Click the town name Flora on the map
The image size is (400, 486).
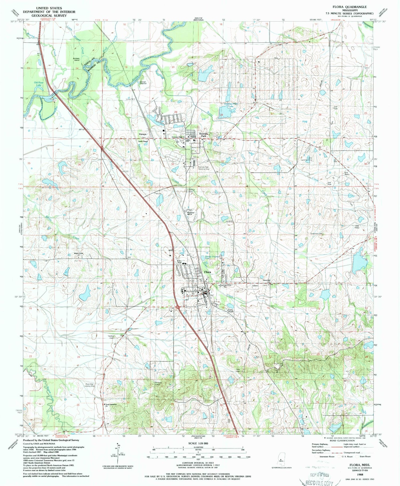pyautogui.click(x=207, y=272)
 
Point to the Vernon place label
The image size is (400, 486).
pyautogui.click(x=142, y=134)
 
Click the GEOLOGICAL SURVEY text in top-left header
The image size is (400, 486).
pyautogui.click(x=49, y=15)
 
